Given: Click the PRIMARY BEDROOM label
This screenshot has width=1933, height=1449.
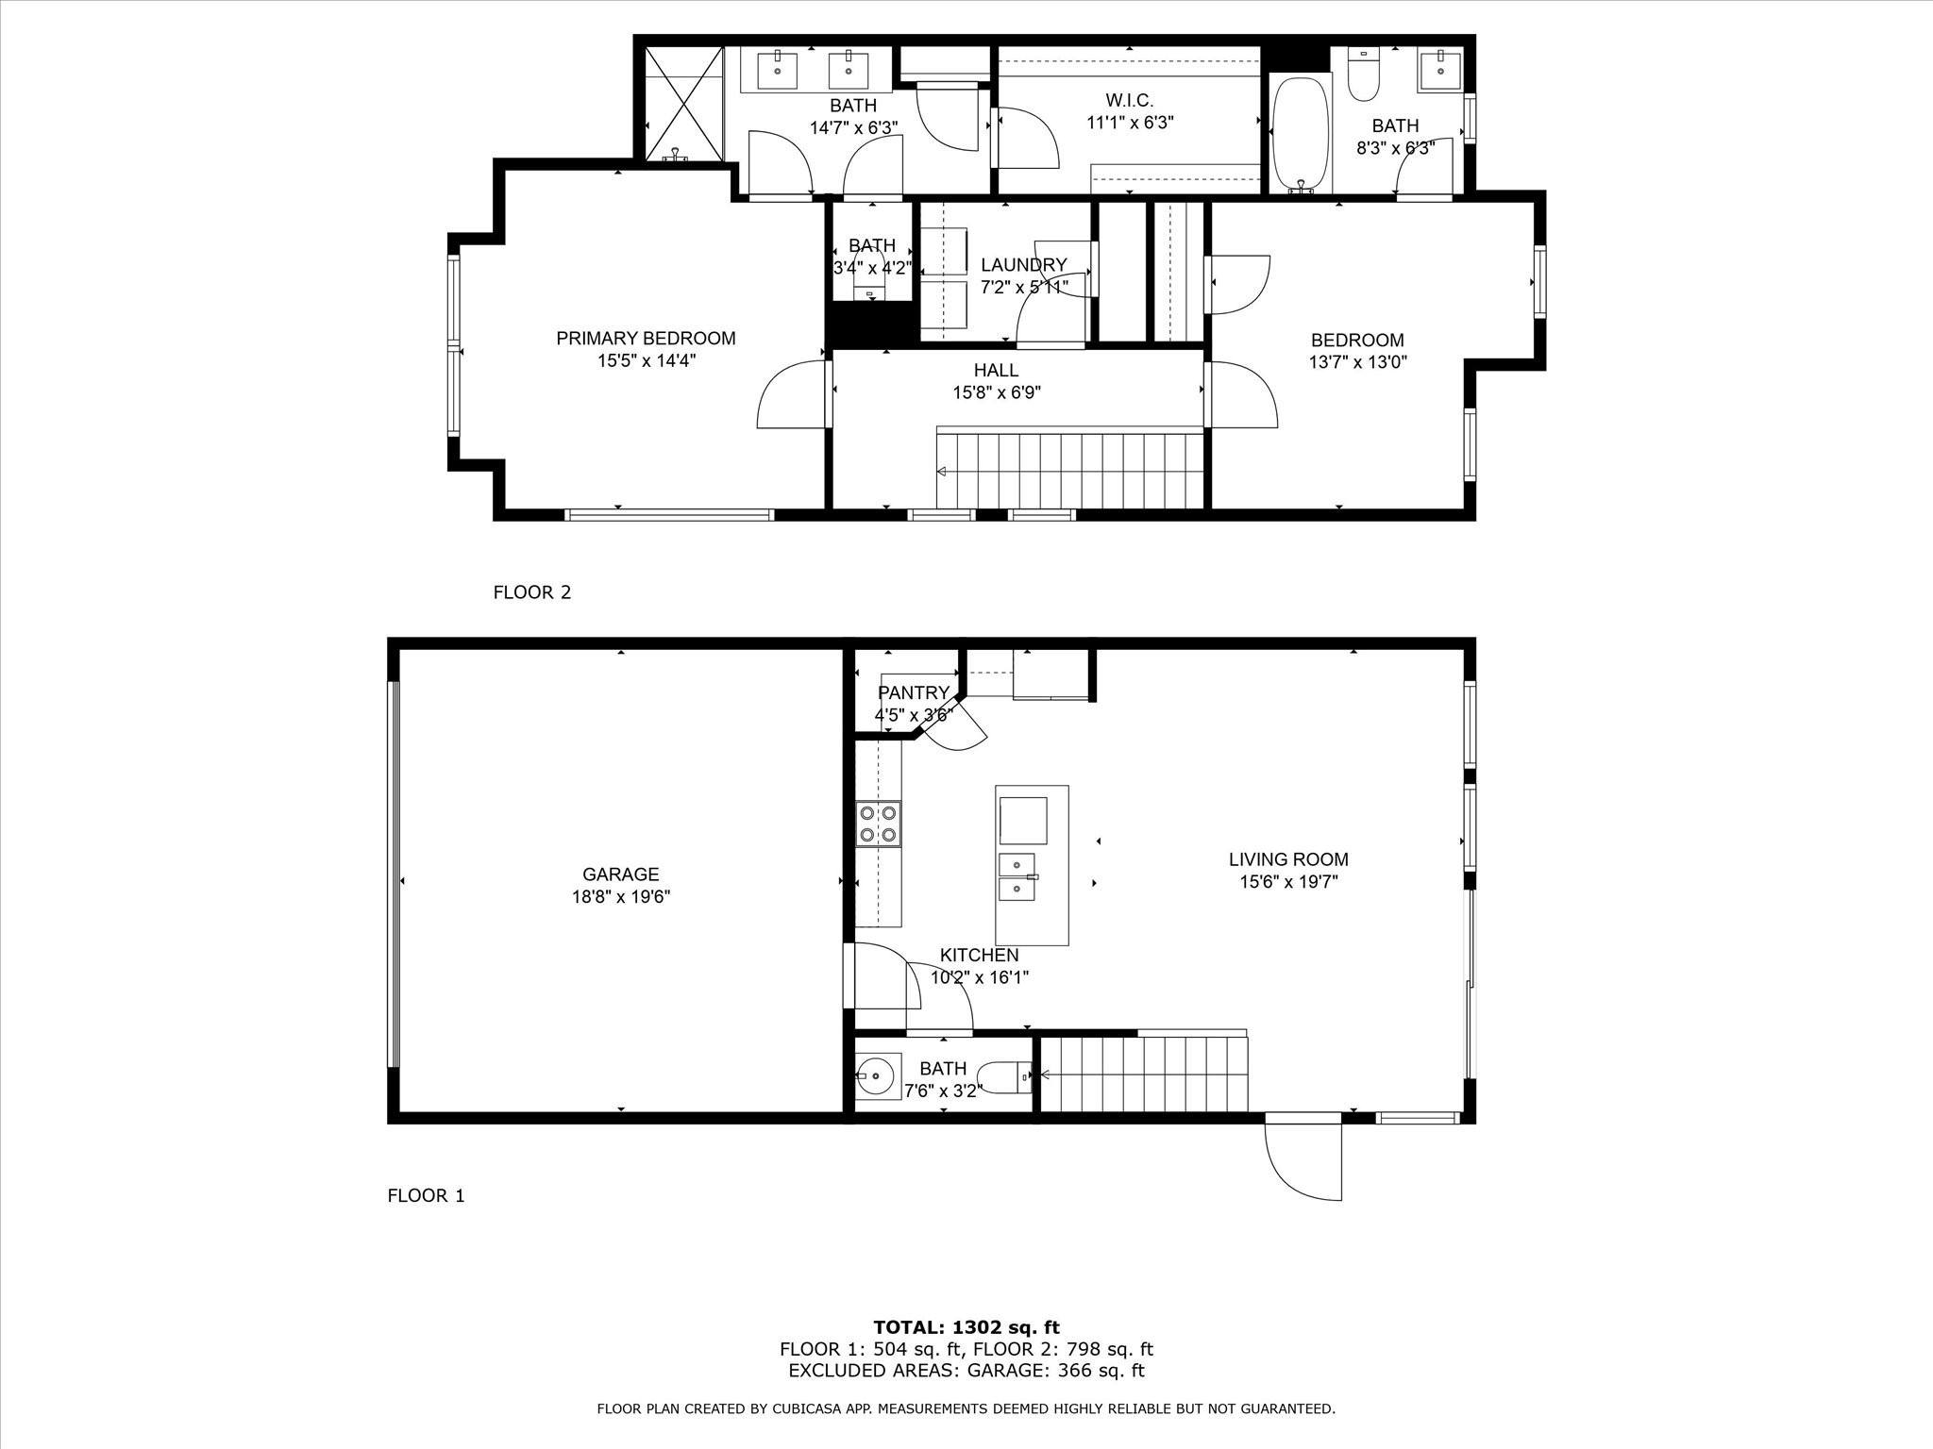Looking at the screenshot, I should tap(646, 338).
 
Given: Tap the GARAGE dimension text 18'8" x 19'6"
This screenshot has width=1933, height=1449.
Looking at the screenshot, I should tap(620, 897).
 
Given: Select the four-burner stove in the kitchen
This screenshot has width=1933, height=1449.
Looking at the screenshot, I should tap(878, 823).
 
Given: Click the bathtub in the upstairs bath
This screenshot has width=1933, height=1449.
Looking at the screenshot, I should tap(1300, 134).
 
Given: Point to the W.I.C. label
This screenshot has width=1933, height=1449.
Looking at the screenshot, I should tap(1129, 100).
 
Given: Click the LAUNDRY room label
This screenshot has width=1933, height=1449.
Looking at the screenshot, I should tap(1023, 265).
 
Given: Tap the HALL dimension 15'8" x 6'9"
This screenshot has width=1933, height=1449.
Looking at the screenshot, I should tap(996, 393).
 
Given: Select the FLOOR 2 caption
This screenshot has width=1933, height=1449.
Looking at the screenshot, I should tap(531, 592).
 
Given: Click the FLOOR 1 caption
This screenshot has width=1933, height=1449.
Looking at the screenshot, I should tap(426, 1196).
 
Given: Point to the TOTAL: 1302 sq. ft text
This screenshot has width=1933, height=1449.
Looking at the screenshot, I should tap(966, 1327).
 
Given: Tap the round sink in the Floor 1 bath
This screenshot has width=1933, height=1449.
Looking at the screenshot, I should tap(879, 1075).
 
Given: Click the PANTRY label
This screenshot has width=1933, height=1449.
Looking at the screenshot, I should tap(913, 693).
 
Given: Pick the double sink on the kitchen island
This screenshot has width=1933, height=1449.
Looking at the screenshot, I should tap(1017, 876).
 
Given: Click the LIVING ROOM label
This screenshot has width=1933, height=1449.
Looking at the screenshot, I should tap(1287, 859).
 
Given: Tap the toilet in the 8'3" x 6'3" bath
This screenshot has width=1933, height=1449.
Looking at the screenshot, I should tap(1363, 75).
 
